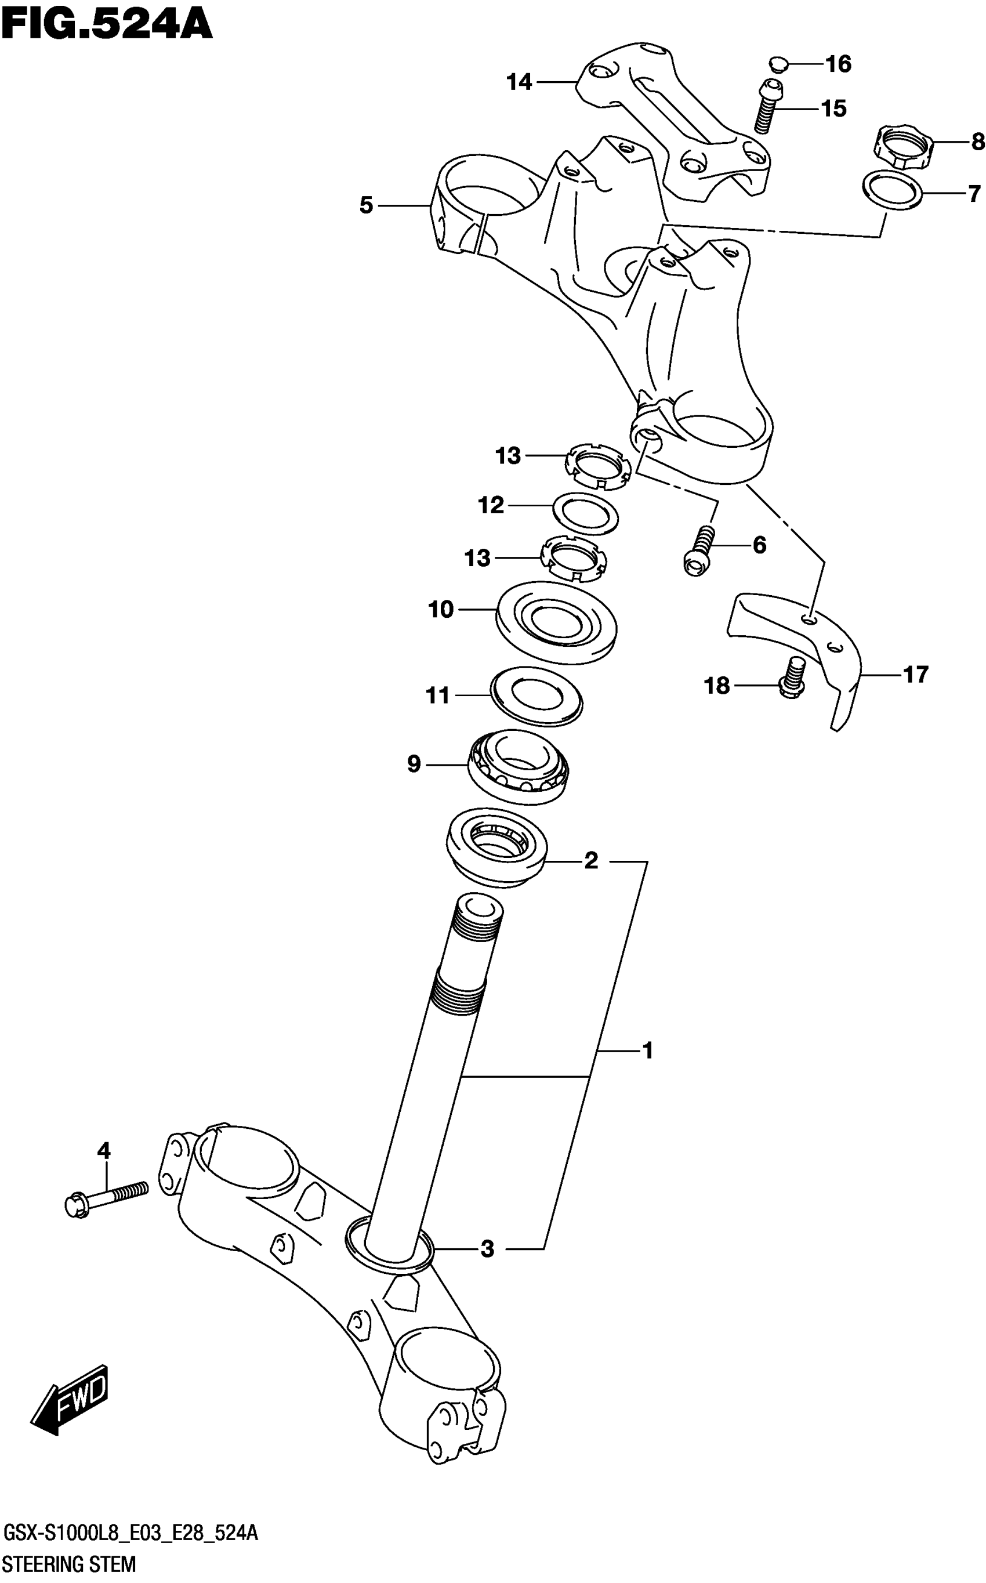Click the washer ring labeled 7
pyautogui.click(x=892, y=190)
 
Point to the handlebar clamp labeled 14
pyautogui.click(x=672, y=120)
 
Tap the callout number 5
pyautogui.click(x=367, y=205)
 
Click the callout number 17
pyautogui.click(x=916, y=674)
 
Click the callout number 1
pyautogui.click(x=647, y=1050)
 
